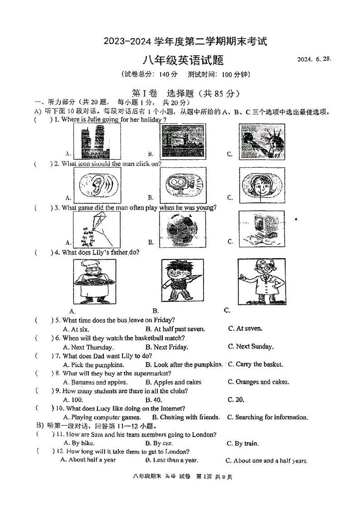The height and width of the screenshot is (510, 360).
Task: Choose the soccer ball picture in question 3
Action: [182, 229]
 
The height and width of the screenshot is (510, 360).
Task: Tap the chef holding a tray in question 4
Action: [93, 281]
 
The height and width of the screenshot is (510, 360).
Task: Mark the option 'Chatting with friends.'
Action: [186, 417]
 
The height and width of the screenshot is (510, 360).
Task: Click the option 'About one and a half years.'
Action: [271, 461]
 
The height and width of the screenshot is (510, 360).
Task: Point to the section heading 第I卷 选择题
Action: [185, 93]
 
